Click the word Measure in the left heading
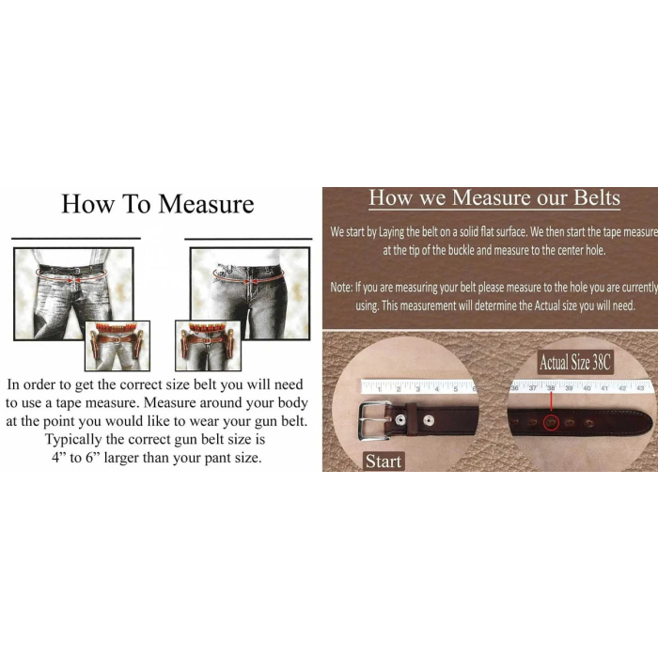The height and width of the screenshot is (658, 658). pyautogui.click(x=206, y=204)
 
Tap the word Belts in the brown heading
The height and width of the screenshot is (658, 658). pyautogui.click(x=597, y=197)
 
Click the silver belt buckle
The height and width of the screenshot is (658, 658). pyautogui.click(x=372, y=420)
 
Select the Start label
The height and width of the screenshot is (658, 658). pyautogui.click(x=384, y=462)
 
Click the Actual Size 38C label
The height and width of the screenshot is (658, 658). pyautogui.click(x=575, y=363)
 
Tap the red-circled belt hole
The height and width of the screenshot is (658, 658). pyautogui.click(x=551, y=422)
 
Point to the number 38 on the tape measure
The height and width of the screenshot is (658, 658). pyautogui.click(x=551, y=387)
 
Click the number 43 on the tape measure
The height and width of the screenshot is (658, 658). pyautogui.click(x=640, y=388)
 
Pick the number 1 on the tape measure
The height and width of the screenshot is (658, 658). pyautogui.click(x=379, y=389)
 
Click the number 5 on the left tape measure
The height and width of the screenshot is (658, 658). pyautogui.click(x=455, y=389)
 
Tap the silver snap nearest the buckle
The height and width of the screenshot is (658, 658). pyautogui.click(x=400, y=419)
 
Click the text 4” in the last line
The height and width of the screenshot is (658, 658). pyautogui.click(x=58, y=458)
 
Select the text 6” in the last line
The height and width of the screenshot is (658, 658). pyautogui.click(x=93, y=458)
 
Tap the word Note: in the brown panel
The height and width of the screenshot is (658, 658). pyautogui.click(x=340, y=287)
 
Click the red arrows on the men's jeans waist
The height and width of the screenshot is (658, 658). pyautogui.click(x=73, y=279)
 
